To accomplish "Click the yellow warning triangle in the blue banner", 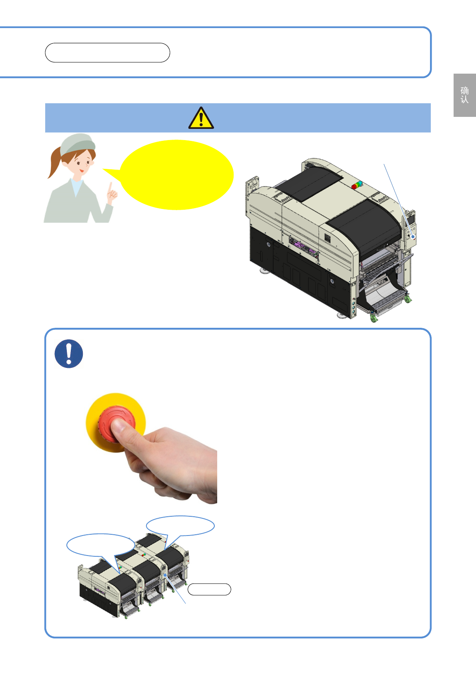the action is pyautogui.click(x=201, y=118).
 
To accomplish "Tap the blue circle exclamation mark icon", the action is pyautogui.click(x=69, y=353).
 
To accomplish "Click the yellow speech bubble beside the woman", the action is pyautogui.click(x=173, y=175).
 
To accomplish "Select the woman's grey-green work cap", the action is pyautogui.click(x=78, y=144).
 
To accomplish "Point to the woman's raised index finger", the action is pyautogui.click(x=110, y=187).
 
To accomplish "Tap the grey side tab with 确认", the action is pyautogui.click(x=464, y=95).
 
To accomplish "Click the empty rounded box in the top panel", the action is pyautogui.click(x=107, y=53).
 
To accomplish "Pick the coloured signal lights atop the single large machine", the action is pyautogui.click(x=357, y=185).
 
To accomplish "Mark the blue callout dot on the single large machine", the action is pyautogui.click(x=413, y=237).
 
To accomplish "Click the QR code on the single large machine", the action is pyautogui.click(x=328, y=238).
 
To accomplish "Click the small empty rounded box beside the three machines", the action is pyautogui.click(x=209, y=589).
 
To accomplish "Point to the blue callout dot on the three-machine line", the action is pyautogui.click(x=165, y=575).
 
